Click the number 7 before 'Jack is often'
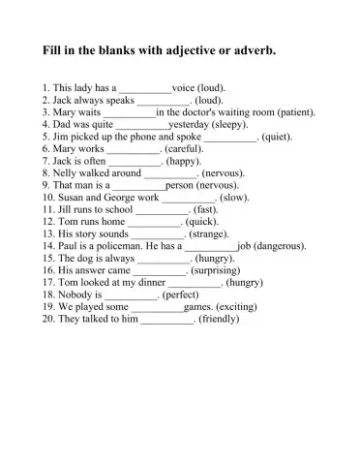[45, 162]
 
